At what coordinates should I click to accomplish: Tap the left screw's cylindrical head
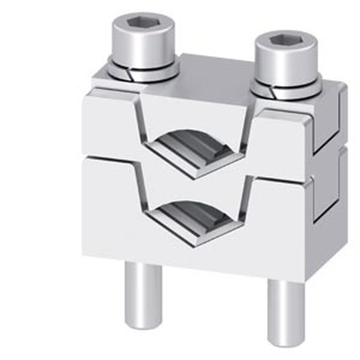coord(144,47)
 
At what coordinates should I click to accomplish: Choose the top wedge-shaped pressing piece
coord(194,112)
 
